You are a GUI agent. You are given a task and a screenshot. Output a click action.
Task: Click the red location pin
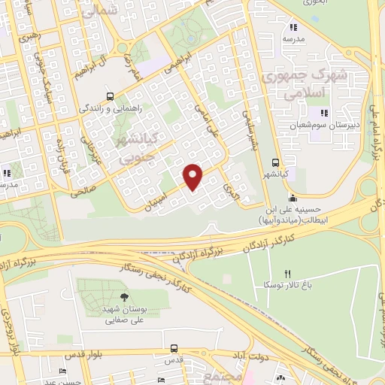[193, 175]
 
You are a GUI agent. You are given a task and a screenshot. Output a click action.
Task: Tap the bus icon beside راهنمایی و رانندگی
[111, 97]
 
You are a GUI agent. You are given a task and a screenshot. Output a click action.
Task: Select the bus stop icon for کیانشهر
[276, 162]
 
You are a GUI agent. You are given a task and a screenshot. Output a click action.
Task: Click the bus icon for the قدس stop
[174, 349]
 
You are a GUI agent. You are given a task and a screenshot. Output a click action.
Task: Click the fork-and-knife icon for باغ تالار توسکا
[286, 274]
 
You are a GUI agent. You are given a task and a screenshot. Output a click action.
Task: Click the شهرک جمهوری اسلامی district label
[301, 84]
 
